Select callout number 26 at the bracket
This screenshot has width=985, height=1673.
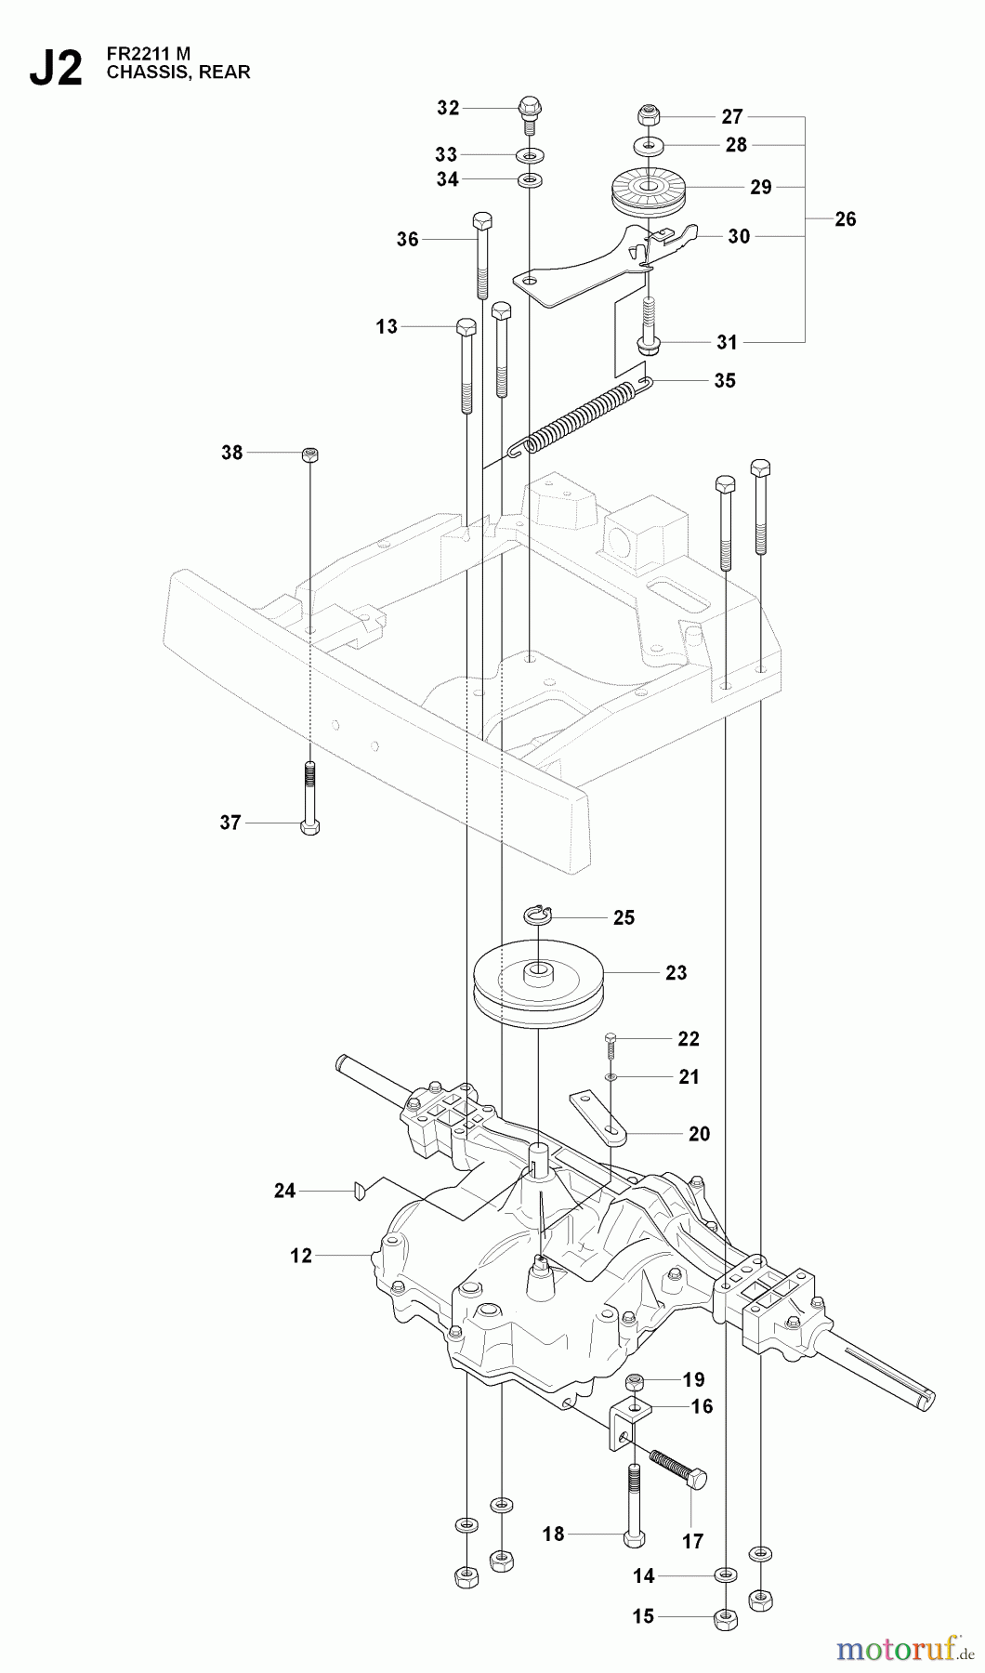(x=845, y=219)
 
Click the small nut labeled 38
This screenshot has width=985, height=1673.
(x=310, y=454)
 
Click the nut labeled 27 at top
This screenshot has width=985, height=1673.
(x=647, y=116)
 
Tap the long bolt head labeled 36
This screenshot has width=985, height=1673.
(x=481, y=223)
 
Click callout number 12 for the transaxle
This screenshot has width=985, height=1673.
(x=301, y=1256)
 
